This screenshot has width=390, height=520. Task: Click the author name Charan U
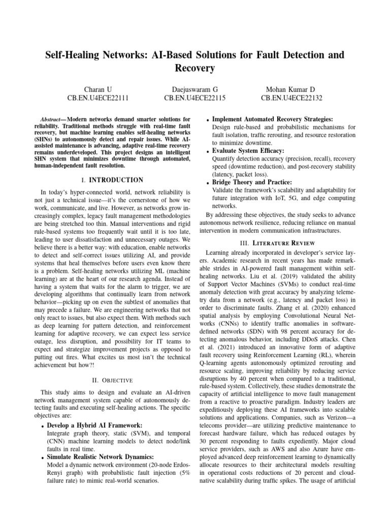click(x=98, y=89)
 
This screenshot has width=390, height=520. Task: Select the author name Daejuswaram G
click(x=195, y=89)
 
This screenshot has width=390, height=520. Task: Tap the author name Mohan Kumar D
click(x=291, y=89)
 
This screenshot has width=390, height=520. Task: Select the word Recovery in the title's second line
click(x=195, y=68)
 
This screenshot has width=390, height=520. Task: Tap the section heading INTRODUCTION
click(x=116, y=180)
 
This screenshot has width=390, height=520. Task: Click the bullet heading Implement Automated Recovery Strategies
click(x=272, y=118)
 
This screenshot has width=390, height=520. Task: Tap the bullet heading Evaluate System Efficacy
click(x=248, y=151)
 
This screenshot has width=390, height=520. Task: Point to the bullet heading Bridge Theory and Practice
click(x=251, y=182)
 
